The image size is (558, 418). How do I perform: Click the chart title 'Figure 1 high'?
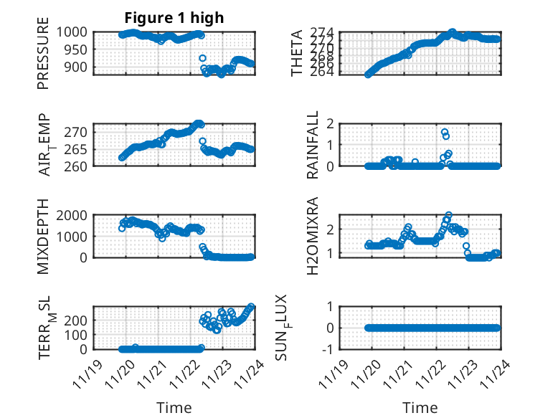pos(175,18)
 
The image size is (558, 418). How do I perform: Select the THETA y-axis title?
pos(297,53)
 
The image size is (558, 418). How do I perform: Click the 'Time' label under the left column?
pos(174,408)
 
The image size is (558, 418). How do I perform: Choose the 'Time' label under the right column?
pos(420,408)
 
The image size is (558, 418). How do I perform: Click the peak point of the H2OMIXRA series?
pos(449,215)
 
